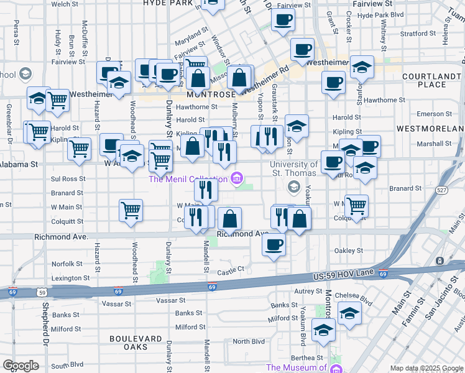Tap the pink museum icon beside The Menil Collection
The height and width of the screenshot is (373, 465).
tap(236, 179)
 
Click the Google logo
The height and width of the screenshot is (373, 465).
tap(20, 366)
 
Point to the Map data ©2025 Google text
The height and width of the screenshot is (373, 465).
tap(426, 368)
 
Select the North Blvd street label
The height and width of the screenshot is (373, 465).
tap(249, 341)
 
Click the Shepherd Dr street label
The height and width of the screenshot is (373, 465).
tap(45, 324)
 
